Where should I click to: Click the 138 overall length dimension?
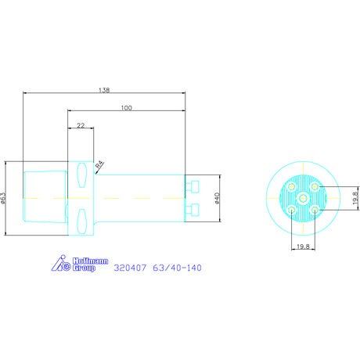tap(104, 90)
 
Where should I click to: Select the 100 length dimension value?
tap(127, 108)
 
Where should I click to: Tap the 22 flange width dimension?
tap(81, 125)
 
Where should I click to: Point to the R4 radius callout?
tap(99, 165)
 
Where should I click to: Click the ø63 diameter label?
tap(3, 198)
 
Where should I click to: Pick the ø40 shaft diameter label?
tap(217, 198)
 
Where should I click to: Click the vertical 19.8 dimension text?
tap(355, 198)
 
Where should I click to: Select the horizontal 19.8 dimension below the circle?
tap(303, 247)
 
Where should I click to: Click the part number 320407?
tap(130, 268)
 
